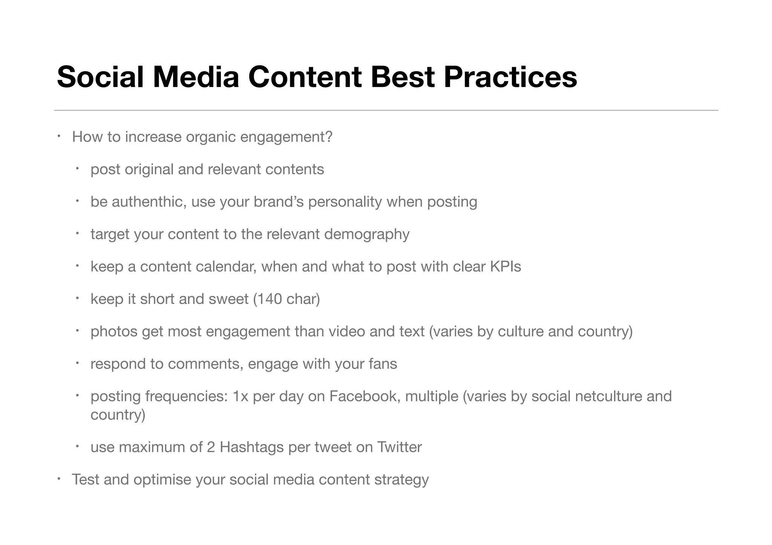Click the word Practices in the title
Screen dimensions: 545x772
[510, 77]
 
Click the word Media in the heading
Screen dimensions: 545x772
[196, 77]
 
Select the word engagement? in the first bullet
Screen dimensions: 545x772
[286, 137]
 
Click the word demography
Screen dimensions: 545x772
[366, 234]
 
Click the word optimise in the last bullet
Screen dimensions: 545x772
[162, 480]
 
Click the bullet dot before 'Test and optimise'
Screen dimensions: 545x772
[59, 479]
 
